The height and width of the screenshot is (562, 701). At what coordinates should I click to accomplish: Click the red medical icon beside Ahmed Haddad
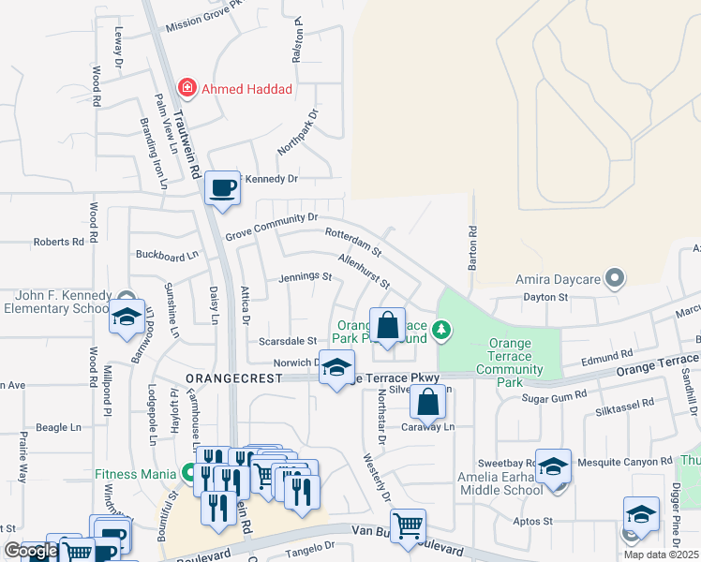click(187, 88)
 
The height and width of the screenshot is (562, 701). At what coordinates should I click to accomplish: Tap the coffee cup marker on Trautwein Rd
click(223, 186)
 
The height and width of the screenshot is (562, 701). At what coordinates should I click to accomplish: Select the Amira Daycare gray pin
click(615, 277)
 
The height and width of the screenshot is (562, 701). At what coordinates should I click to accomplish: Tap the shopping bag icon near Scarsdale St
click(387, 326)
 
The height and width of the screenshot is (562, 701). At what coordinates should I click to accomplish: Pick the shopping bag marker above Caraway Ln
click(427, 402)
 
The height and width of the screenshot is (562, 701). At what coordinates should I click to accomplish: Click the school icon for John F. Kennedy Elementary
click(127, 317)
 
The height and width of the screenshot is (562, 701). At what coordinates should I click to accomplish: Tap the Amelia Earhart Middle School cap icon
click(554, 466)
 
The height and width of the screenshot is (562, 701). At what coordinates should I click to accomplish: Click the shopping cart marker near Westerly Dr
click(408, 526)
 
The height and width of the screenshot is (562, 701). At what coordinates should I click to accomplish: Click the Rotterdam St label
click(353, 242)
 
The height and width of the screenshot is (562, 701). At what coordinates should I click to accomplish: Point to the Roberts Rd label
click(59, 242)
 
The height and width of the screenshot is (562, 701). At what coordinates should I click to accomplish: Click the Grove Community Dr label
click(272, 226)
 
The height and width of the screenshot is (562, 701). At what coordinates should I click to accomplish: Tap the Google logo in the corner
click(31, 551)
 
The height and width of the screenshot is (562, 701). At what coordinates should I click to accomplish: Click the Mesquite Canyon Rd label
click(628, 461)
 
